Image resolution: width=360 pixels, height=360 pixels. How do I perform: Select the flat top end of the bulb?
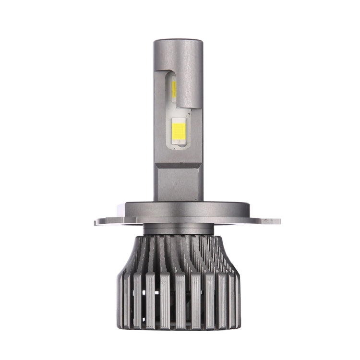pos(179,40)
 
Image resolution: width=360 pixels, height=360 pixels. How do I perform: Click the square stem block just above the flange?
pos(179,185)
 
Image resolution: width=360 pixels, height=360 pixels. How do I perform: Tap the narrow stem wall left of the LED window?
pos(160,115)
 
